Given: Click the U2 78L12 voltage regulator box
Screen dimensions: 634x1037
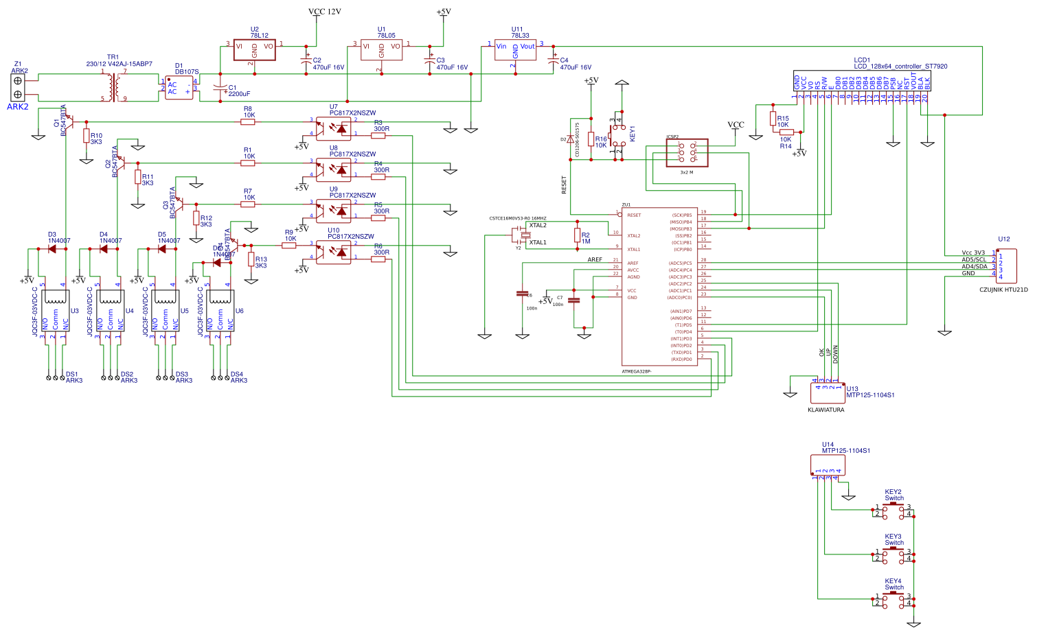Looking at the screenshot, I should click(x=254, y=49).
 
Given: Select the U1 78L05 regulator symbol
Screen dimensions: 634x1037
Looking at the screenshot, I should click(x=381, y=49).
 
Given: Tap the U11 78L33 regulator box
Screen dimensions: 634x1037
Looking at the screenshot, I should click(x=515, y=49).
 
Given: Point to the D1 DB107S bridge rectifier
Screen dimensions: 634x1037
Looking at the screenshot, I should click(x=179, y=88).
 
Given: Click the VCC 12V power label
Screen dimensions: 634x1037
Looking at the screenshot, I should click(x=324, y=12).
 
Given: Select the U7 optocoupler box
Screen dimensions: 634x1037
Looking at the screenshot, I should click(x=334, y=128).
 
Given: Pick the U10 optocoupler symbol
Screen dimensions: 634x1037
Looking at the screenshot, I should click(x=334, y=252).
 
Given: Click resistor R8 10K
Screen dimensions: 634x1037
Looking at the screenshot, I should click(x=248, y=122).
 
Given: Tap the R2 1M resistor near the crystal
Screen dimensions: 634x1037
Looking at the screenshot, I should click(x=577, y=235).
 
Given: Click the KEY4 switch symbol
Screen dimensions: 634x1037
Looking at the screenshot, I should click(x=893, y=600).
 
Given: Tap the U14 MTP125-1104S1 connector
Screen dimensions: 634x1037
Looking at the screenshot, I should click(x=828, y=465).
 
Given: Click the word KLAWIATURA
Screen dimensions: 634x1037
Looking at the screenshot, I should click(x=825, y=410).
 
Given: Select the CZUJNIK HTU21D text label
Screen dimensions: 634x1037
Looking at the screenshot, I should click(x=1003, y=290).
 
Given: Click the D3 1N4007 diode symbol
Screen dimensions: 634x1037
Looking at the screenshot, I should click(x=52, y=249).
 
